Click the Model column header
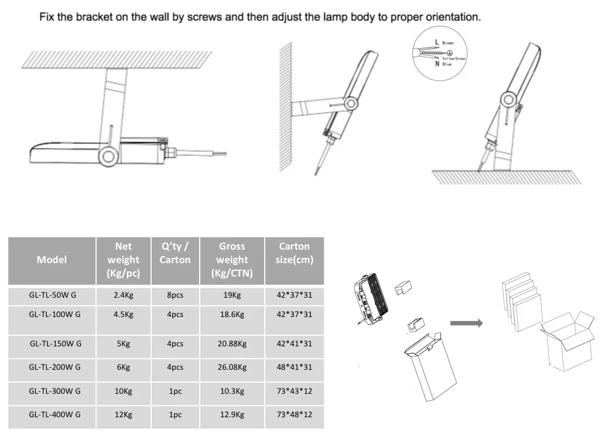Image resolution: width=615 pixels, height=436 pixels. pyautogui.click(x=52, y=260)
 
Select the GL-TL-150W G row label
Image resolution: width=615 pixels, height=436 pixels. pyautogui.click(x=56, y=343)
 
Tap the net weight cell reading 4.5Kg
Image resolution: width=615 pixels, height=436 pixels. pyautogui.click(x=124, y=314)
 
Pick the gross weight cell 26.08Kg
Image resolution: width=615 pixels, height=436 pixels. pyautogui.click(x=232, y=367)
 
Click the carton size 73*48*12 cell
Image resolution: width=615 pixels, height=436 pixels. pyautogui.click(x=294, y=415)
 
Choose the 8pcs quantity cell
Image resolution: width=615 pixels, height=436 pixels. pyautogui.click(x=175, y=295)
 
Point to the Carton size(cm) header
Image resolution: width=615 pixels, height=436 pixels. pyautogui.click(x=294, y=253)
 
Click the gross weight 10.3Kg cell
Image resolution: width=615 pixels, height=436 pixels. pyautogui.click(x=232, y=391)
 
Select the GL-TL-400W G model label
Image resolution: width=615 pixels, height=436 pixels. pyautogui.click(x=54, y=415)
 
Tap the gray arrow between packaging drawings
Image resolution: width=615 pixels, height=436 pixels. pyautogui.click(x=466, y=323)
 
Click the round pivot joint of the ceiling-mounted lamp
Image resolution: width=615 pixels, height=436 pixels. pyautogui.click(x=107, y=156)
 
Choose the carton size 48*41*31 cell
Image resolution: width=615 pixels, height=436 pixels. pyautogui.click(x=294, y=367)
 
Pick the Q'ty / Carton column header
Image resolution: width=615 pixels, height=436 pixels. pyautogui.click(x=175, y=253)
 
